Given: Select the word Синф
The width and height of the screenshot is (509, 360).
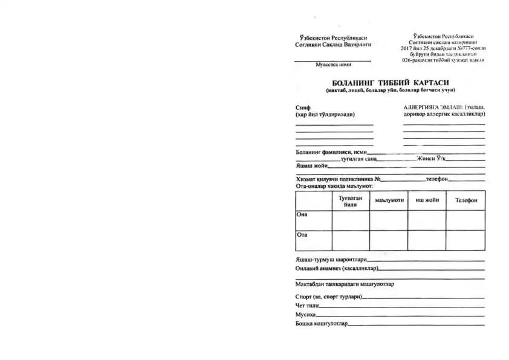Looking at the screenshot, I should click(x=302, y=107).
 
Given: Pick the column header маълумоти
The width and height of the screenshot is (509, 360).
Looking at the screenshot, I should click(x=389, y=200).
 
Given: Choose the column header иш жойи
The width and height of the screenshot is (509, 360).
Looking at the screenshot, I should click(x=427, y=199).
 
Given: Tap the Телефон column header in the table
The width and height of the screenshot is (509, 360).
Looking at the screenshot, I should click(x=465, y=200).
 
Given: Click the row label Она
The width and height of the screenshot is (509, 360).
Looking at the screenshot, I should click(x=302, y=214).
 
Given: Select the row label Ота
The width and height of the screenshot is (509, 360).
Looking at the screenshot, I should click(x=302, y=234).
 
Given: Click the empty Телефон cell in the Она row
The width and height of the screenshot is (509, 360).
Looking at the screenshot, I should click(x=465, y=220).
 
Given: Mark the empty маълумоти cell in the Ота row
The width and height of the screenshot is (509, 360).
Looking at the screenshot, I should click(x=389, y=240).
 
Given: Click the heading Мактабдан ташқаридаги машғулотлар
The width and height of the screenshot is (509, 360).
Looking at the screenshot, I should click(x=345, y=284).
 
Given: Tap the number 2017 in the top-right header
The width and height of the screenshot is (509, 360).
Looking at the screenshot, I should click(x=407, y=48).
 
